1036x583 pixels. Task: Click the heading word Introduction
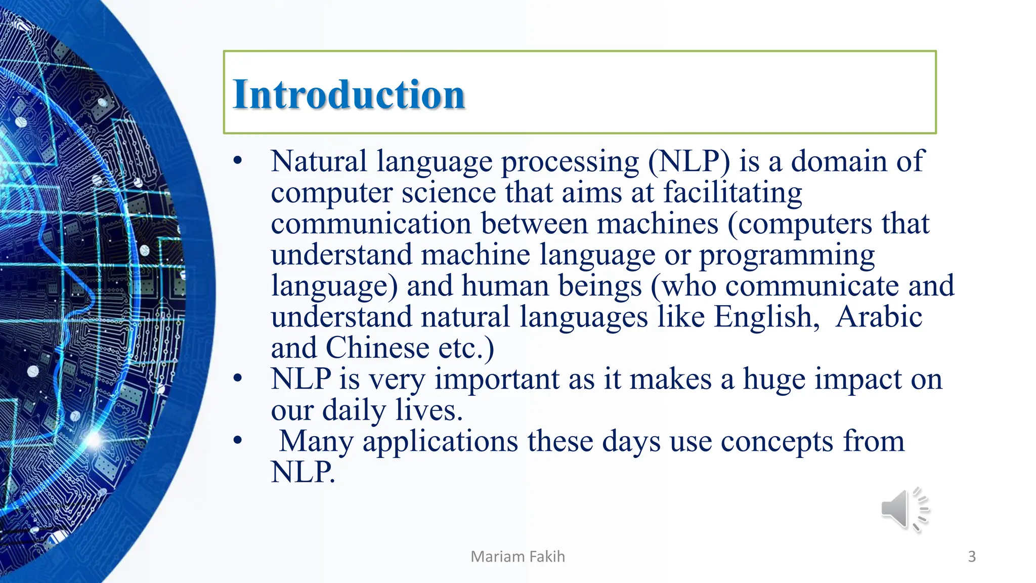pyautogui.click(x=349, y=95)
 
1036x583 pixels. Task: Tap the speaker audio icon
pyautogui.click(x=904, y=510)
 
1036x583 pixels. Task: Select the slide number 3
pyautogui.click(x=972, y=556)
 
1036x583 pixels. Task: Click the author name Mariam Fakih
pyautogui.click(x=517, y=556)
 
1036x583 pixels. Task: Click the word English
pyautogui.click(x=766, y=317)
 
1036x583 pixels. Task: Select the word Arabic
pyautogui.click(x=879, y=317)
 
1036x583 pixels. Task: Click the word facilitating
pyautogui.click(x=732, y=193)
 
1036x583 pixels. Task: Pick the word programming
pyautogui.click(x=787, y=256)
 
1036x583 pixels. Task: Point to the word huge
pyautogui.click(x=773, y=380)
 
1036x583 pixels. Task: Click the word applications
pyautogui.click(x=440, y=442)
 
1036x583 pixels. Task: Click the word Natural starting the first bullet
pyautogui.click(x=319, y=162)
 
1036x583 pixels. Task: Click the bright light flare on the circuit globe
pyautogui.click(x=94, y=439)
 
